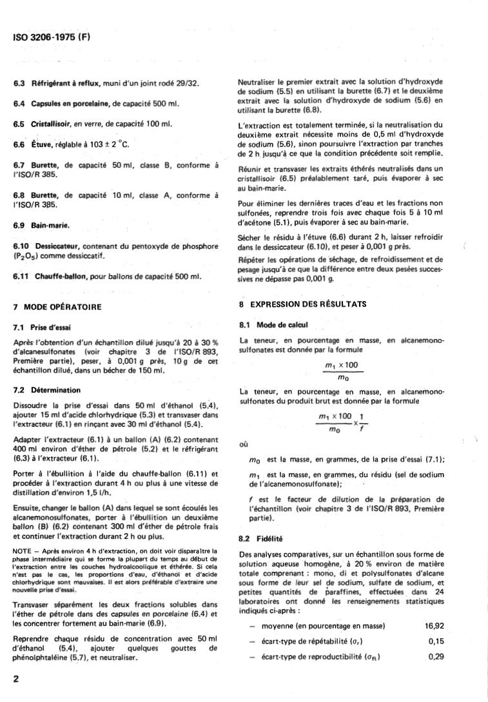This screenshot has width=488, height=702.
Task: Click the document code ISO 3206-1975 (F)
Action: tap(52, 37)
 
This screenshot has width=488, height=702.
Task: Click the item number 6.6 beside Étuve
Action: tap(19, 144)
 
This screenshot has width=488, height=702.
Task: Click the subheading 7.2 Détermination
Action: tap(47, 390)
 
